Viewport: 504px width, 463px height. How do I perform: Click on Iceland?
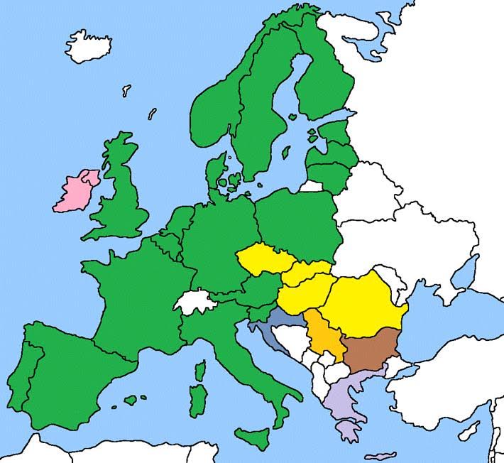point(89,45)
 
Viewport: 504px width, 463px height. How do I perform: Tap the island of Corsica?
point(201,371)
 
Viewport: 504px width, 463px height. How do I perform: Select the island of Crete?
point(383,455)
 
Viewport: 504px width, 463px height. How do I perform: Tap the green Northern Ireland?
point(90,176)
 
